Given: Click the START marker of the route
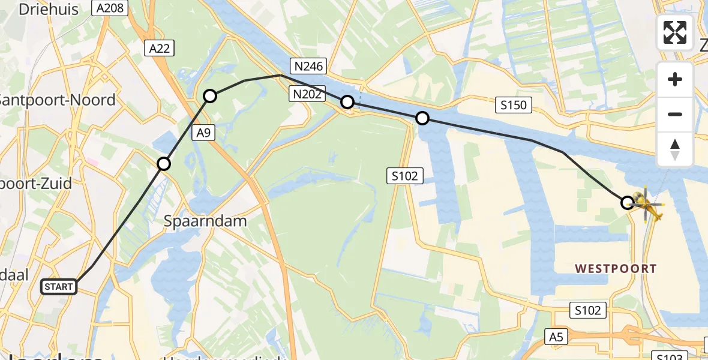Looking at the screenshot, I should tap(59, 287).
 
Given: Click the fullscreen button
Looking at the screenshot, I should tap(675, 32).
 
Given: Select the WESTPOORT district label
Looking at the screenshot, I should tap(616, 268).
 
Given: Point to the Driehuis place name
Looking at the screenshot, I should tap(41, 9).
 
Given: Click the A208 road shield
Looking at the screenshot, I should tap(109, 8).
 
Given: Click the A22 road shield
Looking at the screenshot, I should tap(159, 49).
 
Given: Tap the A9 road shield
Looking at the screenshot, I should tap(203, 133).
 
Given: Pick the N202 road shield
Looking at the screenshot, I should tap(306, 93).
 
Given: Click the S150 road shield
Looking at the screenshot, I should tap(514, 106).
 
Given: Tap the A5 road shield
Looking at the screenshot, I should tap(556, 337).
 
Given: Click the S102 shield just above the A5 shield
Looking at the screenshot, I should tap(588, 310).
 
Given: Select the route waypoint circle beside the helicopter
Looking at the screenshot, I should tap(627, 202).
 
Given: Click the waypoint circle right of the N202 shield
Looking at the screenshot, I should tap(347, 102).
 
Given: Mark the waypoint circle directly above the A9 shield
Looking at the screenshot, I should tap(210, 95).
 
